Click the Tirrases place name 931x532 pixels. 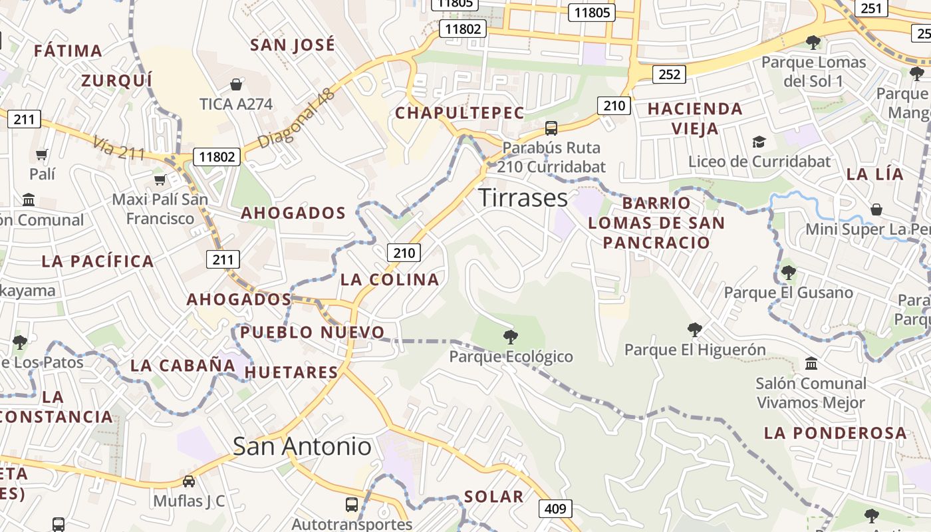[523, 198]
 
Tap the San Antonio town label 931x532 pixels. [302, 446]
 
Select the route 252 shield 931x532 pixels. [669, 74]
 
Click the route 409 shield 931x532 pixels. [555, 509]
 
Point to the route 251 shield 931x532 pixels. [871, 8]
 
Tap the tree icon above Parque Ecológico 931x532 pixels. [511, 336]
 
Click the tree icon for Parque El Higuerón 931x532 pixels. [695, 329]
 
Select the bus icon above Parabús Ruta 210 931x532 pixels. [551, 128]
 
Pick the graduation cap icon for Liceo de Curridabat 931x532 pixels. [759, 142]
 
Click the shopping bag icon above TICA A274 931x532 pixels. [235, 84]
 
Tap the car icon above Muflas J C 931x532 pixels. [189, 481]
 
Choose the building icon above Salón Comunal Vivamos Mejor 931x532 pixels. [811, 364]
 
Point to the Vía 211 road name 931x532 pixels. [119, 148]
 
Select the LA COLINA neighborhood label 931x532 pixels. [390, 279]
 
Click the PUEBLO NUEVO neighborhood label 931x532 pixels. [313, 332]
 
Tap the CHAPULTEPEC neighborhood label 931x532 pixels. [460, 113]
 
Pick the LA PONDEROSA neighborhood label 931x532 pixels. [835, 433]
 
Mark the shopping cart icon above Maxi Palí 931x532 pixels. [160, 180]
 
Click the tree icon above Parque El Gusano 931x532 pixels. [789, 272]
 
